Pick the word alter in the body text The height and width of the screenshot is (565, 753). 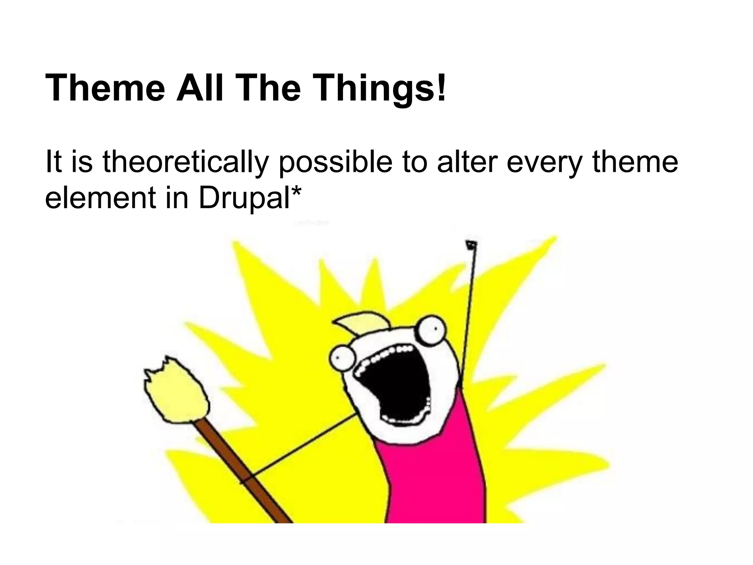[467, 162]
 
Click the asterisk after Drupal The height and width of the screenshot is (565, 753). [297, 191]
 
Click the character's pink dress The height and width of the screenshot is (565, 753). [434, 478]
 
